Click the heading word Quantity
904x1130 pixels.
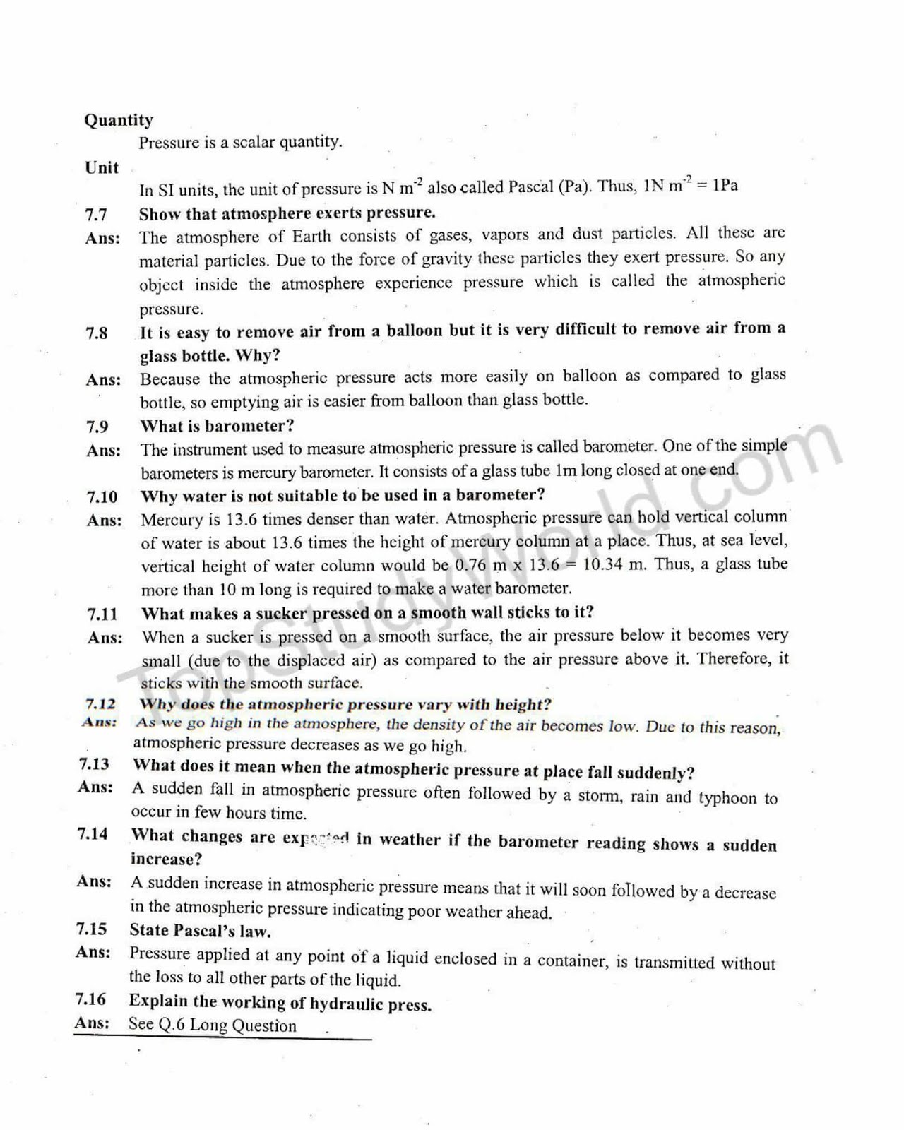[118, 120]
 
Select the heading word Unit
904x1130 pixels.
[102, 167]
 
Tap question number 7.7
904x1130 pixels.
[97, 214]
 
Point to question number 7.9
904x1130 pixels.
[97, 427]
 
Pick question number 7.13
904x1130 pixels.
[94, 764]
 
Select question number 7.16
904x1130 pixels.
[90, 999]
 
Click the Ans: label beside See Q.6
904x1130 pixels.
[92, 1023]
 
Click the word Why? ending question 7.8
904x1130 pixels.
[258, 355]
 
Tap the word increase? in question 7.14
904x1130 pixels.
[166, 860]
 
